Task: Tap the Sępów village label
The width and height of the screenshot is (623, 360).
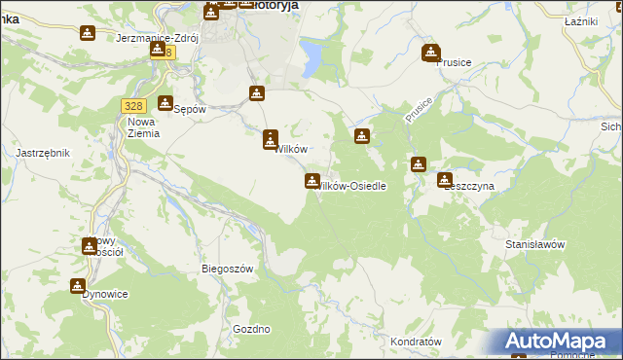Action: (190, 109)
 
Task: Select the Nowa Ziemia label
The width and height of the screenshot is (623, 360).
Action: (143, 127)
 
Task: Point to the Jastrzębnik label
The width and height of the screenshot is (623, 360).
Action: (41, 153)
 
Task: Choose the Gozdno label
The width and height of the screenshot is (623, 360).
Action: (251, 329)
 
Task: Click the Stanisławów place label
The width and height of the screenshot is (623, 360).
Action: (535, 245)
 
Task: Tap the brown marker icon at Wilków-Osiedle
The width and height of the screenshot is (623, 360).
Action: (312, 180)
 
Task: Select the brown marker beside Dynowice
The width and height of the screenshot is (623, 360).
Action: (78, 285)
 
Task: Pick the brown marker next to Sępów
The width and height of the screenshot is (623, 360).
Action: (165, 102)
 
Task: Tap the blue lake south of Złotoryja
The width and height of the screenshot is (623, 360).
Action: (313, 55)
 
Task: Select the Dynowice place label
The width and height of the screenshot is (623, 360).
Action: (105, 293)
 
